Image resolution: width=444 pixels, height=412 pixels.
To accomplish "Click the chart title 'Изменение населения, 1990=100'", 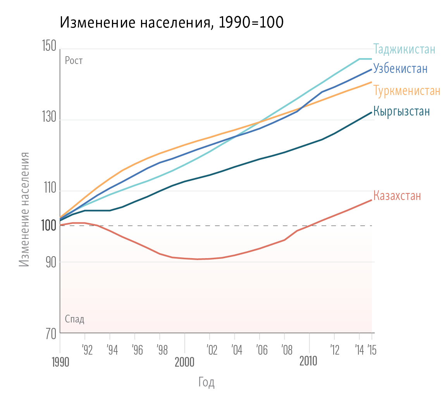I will click(172, 23).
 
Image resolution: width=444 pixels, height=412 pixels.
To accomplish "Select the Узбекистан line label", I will click(400, 69).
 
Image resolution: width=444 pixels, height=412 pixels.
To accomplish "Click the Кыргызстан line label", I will click(401, 111).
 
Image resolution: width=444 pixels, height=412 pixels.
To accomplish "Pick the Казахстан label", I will click(397, 195).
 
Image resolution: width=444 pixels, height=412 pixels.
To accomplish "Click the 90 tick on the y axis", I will click(50, 262).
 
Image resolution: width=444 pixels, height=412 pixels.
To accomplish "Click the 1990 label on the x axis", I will click(60, 363).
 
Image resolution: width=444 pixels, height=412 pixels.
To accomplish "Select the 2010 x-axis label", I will click(308, 362).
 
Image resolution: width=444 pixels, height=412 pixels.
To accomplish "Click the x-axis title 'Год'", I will click(207, 383).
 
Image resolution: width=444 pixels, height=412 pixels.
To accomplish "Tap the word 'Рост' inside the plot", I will click(74, 61).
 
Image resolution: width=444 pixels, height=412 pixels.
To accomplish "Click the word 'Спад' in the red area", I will click(74, 319).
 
